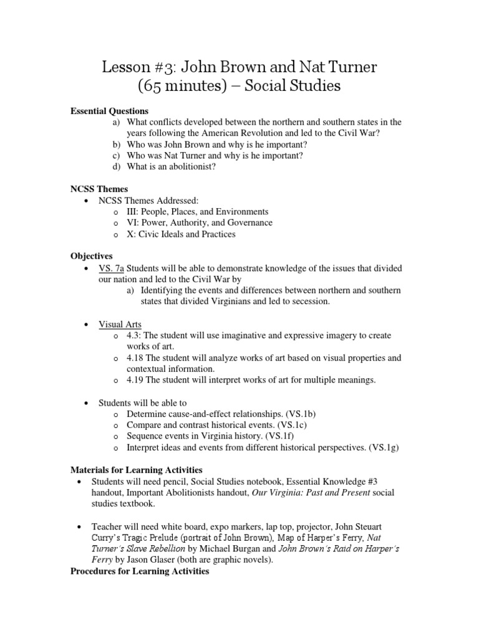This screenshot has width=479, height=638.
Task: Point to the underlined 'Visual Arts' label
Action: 120,325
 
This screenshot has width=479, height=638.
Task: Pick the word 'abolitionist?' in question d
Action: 190,167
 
